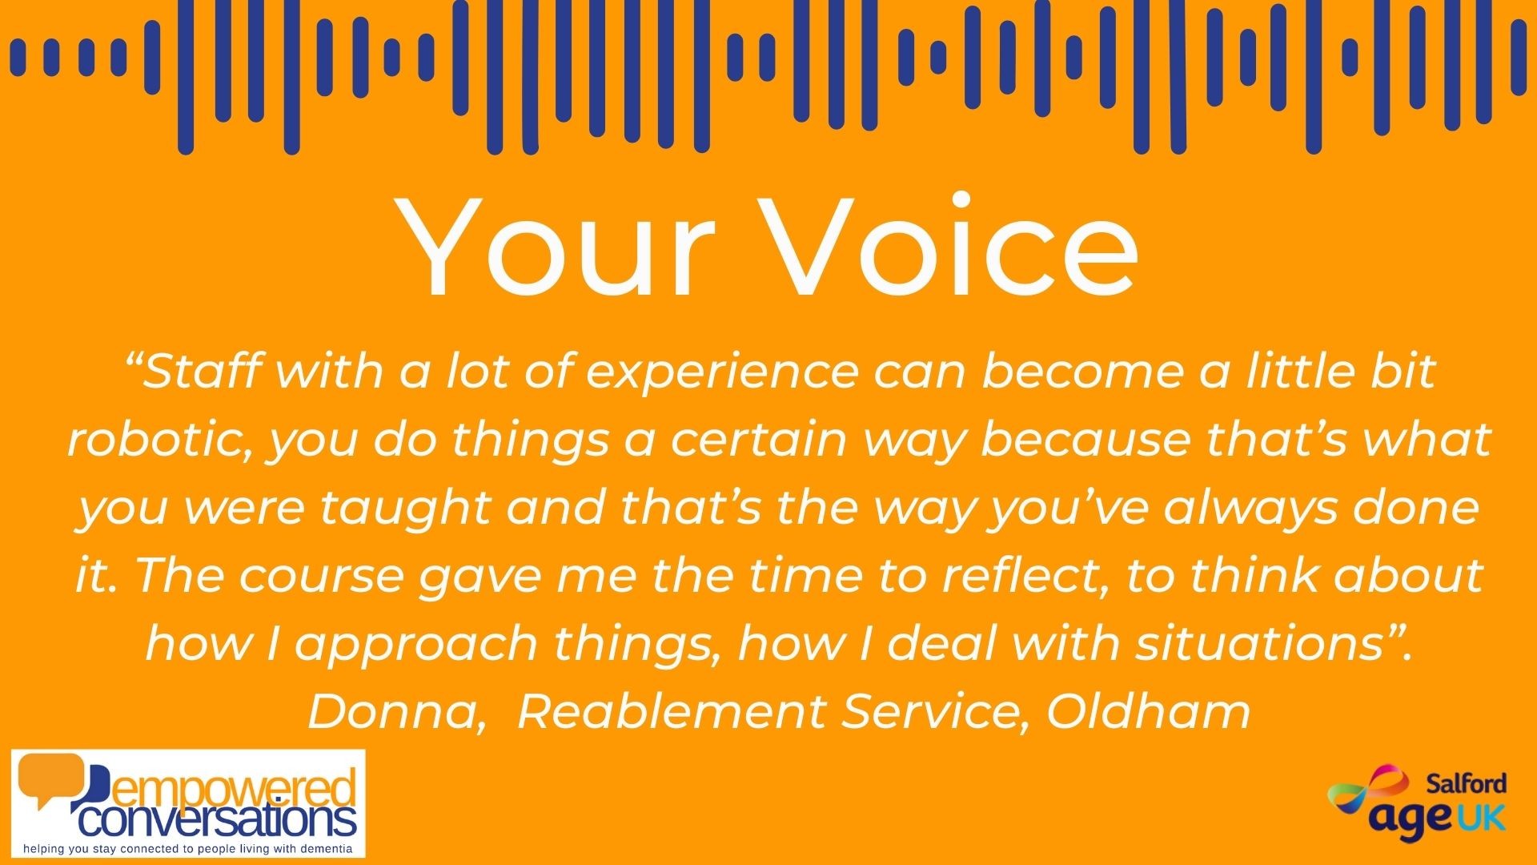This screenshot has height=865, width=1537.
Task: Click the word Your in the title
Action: pyautogui.click(x=559, y=247)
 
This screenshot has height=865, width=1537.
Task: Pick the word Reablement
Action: pyautogui.click(x=671, y=712)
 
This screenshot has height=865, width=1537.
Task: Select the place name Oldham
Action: pyautogui.click(x=1148, y=712)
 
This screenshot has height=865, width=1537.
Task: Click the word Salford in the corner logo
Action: pyautogui.click(x=1467, y=783)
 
